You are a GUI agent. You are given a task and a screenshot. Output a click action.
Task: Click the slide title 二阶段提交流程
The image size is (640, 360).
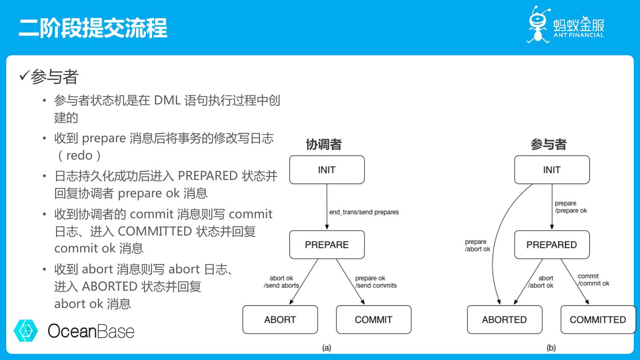93,28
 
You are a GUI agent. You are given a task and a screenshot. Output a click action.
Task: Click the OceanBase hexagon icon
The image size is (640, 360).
26,330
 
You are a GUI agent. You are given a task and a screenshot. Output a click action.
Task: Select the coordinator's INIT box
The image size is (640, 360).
327,170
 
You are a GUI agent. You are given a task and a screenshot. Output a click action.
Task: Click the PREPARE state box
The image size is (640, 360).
327,244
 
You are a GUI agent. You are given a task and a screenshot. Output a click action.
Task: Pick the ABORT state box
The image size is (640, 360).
280,320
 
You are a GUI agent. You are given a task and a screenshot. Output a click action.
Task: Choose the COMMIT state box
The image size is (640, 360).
373,320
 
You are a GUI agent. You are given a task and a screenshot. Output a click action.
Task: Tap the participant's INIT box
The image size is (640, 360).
552,170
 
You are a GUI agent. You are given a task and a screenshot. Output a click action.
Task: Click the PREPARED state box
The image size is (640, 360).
552,244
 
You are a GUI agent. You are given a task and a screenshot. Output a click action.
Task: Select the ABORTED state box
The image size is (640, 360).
504,320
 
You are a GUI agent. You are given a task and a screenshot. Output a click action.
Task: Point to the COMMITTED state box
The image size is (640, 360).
598,320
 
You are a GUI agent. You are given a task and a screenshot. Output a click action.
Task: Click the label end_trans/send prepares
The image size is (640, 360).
364,212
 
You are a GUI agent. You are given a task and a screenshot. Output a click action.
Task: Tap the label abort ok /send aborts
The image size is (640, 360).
281,282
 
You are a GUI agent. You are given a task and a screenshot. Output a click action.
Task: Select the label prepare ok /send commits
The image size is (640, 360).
376,282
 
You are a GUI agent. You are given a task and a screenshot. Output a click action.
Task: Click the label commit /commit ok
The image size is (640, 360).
593,280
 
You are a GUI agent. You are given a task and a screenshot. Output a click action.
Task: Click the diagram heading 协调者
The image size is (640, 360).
324,144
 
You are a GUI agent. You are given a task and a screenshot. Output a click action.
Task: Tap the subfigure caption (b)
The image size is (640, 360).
551,348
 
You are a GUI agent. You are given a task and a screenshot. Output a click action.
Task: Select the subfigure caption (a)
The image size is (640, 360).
327,348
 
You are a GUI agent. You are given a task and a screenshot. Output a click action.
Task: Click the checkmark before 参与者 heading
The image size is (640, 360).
24,76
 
